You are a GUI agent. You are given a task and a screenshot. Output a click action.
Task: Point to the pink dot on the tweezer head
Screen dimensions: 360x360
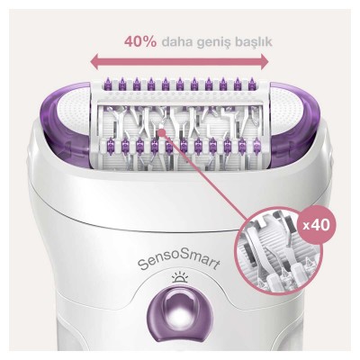tap(160, 130)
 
